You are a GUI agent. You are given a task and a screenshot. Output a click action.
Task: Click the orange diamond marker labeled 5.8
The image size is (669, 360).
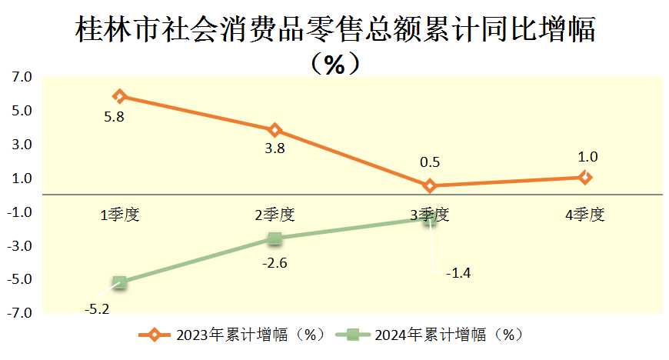[119, 96]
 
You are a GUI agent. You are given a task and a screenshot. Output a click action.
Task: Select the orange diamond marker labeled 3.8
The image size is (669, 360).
[275, 130]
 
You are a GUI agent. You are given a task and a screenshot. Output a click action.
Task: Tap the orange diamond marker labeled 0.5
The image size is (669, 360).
[430, 185]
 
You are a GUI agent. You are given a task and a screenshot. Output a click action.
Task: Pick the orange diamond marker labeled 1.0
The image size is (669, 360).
[585, 177]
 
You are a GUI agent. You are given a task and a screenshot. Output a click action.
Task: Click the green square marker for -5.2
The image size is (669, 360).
[119, 282]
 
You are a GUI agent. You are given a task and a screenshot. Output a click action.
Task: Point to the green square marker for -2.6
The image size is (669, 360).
[275, 238]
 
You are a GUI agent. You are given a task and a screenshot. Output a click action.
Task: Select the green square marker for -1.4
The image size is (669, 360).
[430, 218]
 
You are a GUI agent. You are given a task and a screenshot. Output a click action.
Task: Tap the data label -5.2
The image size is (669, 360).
[97, 309]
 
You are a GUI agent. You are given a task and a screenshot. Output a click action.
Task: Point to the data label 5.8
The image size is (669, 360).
[114, 118]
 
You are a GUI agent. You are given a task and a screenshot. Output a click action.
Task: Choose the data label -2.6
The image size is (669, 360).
[275, 263]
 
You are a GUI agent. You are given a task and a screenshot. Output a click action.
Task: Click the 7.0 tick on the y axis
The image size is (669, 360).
[22, 77]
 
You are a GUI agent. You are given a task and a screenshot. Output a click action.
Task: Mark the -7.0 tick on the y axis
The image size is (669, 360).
[20, 314]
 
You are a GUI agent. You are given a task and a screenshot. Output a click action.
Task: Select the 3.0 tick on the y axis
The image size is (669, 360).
[22, 145]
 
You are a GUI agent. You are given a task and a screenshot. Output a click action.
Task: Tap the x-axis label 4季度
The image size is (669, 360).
[585, 215]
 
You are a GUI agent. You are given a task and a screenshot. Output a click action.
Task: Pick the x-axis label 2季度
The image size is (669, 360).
[275, 215]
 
